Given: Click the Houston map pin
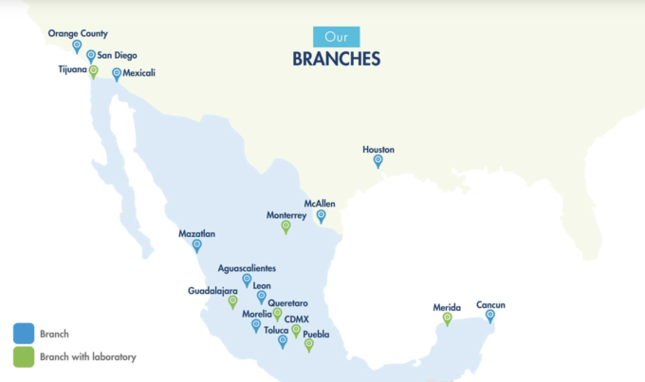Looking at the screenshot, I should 378,161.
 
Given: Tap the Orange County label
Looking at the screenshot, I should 78,33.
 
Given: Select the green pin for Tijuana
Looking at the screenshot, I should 93,71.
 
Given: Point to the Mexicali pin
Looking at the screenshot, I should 117,74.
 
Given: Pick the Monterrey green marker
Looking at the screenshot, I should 286,227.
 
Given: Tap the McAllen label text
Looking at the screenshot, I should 321,203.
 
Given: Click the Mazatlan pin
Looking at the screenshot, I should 196,246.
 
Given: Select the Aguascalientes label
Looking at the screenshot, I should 248,268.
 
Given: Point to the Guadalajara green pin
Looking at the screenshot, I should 232,302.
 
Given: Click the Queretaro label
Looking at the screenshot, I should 287,302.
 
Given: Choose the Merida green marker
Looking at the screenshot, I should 447,319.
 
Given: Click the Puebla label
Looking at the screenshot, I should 316,334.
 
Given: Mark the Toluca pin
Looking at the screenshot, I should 283,341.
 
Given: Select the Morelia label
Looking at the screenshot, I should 257,314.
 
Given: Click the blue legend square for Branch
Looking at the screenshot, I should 24,334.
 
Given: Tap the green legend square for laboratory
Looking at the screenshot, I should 24,356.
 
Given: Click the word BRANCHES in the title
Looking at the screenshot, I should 336,59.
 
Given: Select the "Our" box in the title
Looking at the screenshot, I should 337,37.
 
